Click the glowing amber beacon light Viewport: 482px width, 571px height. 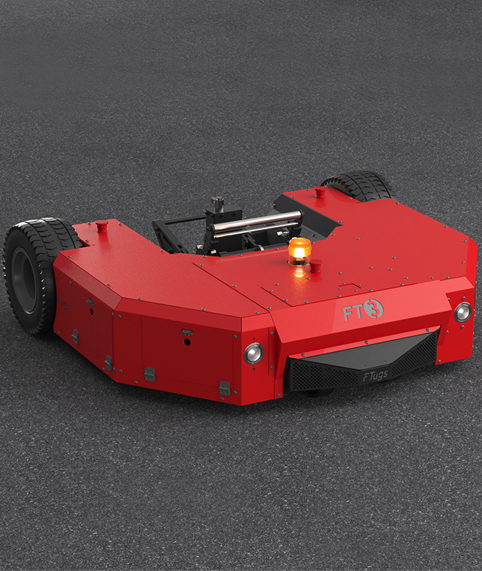click(x=300, y=251)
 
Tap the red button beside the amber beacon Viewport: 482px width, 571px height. click(x=316, y=265)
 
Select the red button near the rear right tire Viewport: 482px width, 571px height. click(x=321, y=192)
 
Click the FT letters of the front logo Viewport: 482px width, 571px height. click(x=352, y=312)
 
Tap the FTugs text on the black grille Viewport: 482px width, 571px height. click(x=376, y=375)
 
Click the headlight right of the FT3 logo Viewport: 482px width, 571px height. click(x=463, y=312)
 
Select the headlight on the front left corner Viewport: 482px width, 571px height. click(x=253, y=353)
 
